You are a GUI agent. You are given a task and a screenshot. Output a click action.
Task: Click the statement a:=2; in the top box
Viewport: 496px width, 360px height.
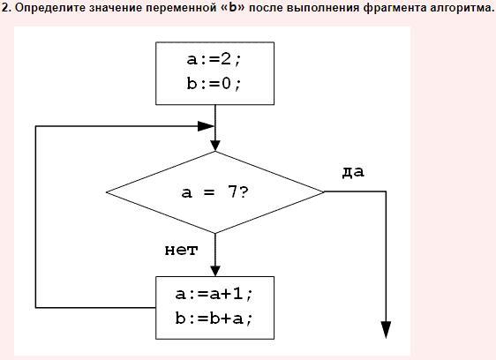(x=214, y=59)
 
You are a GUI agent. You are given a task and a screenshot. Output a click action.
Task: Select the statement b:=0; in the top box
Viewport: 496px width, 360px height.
(x=214, y=84)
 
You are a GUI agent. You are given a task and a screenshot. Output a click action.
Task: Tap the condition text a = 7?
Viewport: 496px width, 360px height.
(x=215, y=192)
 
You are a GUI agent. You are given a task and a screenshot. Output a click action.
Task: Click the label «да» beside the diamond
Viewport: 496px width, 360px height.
(x=353, y=172)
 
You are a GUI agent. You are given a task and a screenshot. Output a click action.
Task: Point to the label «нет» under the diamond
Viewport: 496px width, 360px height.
(x=181, y=251)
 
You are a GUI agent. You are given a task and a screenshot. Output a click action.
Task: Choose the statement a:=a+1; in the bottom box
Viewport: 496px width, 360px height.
(x=214, y=294)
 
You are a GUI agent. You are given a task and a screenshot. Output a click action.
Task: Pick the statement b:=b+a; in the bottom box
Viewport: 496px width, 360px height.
(x=214, y=319)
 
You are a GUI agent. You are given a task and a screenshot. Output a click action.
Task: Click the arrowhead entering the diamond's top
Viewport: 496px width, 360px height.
(x=215, y=146)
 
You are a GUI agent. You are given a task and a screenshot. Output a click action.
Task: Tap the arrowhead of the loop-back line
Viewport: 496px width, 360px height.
(x=206, y=126)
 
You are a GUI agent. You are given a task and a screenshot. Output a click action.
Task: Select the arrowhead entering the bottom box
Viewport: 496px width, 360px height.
(x=215, y=271)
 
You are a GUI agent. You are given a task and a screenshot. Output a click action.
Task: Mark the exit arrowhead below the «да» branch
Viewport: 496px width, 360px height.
(x=386, y=330)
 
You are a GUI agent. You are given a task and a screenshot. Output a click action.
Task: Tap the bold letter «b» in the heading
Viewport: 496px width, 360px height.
(x=233, y=7)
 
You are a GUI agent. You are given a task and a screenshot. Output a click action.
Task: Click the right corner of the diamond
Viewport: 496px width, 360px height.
(x=324, y=191)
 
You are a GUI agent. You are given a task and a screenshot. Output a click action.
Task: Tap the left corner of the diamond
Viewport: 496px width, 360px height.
(x=107, y=192)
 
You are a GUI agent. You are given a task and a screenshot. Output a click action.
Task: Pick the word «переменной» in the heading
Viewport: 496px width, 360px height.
(x=181, y=8)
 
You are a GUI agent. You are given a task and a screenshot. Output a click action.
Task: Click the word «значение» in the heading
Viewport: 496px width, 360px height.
(x=116, y=8)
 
